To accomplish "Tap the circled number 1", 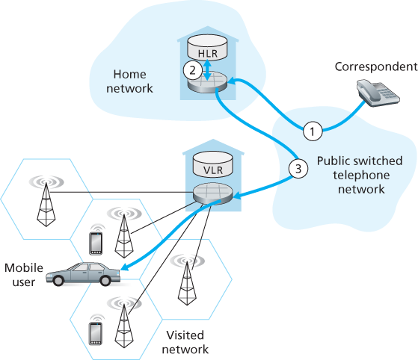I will point(313,131).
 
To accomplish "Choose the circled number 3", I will point(298,168).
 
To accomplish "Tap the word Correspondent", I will point(374,66).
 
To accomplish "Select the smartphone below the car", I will point(95,331).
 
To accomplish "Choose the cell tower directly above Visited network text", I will point(184,282).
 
